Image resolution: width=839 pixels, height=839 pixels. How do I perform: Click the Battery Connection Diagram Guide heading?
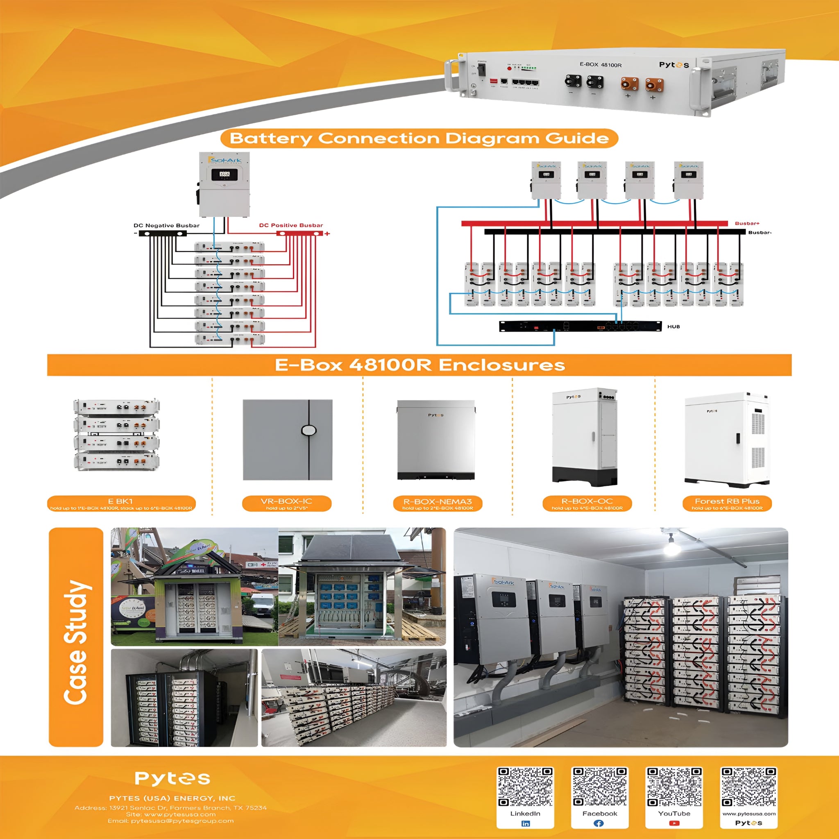point(419,138)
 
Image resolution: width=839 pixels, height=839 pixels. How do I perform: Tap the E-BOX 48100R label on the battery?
point(601,65)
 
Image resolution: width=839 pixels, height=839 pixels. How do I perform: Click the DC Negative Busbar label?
point(166,225)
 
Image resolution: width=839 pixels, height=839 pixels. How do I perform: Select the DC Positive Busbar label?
point(291,225)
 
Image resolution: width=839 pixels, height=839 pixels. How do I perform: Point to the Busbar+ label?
point(747,223)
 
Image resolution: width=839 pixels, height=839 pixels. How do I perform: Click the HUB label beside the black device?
point(673,326)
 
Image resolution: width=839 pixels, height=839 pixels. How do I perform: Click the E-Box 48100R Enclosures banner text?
point(419,365)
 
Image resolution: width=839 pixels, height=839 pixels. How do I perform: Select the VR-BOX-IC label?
point(287,501)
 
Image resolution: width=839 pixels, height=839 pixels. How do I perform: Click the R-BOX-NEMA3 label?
point(437,501)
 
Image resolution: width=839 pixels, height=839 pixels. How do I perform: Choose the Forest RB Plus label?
point(727,501)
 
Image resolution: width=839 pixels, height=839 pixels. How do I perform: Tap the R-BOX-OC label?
point(587,501)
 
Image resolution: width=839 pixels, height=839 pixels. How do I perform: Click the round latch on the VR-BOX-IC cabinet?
point(309,430)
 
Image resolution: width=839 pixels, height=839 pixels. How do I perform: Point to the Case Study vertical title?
point(77,643)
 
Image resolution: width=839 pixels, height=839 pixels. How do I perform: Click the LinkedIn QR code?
point(525,787)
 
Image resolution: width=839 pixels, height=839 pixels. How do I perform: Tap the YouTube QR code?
point(674,787)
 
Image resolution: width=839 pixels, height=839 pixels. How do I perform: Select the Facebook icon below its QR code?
point(599,823)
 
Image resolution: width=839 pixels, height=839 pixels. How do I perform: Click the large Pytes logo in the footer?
point(172,778)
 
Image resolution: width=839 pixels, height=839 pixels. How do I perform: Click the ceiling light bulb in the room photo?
point(671,548)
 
